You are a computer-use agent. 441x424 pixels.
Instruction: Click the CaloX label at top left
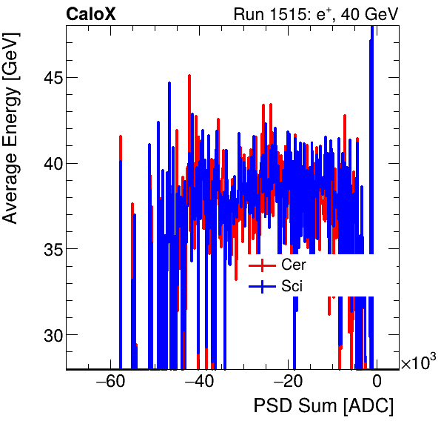click(91, 14)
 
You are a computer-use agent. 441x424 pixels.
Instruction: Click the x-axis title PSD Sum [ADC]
click(323, 406)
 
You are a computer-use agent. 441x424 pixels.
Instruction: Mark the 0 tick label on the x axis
click(377, 382)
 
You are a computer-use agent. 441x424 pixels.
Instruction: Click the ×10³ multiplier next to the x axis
click(418, 363)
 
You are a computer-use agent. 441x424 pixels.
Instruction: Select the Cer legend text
click(293, 265)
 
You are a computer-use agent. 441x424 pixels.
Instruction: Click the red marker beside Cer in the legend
click(263, 265)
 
